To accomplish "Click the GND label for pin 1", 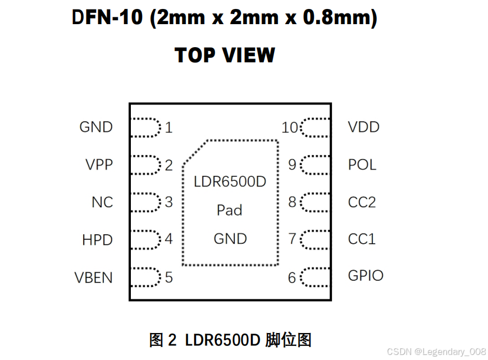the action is pos(96,127).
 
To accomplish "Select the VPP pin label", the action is pos(99,165).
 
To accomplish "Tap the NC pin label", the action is pos(102,202).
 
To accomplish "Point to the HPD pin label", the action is pos(97,240).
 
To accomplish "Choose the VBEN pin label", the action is pos(94,277).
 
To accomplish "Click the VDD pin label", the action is pos(364,127).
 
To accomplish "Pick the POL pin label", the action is pos(362,165).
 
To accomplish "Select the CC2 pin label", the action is pos(362,202).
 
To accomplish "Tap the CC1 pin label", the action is pos(362,239).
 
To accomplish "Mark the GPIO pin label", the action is pos(366,276).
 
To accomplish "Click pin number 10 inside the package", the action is pos(290,128).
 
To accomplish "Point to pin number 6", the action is pos(292,277).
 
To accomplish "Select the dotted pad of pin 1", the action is pos(145,127).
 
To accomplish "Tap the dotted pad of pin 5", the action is pos(145,277).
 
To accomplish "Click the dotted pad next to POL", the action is pos(315,165).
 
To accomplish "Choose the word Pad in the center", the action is pos(230,210).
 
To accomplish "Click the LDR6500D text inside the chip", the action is pos(230,182).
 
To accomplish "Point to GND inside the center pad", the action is pos(230,239).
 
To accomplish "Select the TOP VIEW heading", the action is pos(225,56).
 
